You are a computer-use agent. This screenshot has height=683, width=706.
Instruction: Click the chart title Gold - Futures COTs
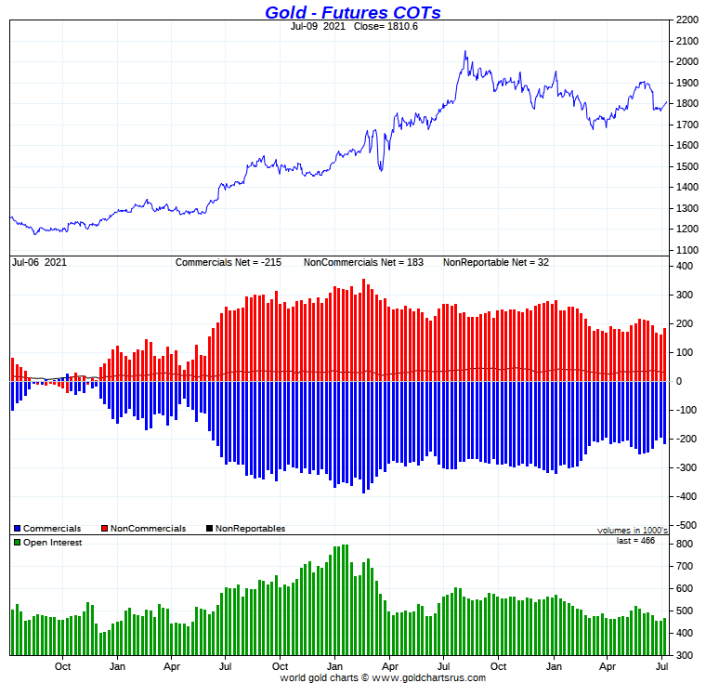[352, 12]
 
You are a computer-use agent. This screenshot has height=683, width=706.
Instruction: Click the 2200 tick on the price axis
[687, 20]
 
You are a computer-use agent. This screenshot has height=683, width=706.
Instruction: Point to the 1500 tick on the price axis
[687, 166]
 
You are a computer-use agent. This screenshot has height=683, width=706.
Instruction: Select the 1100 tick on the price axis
[687, 251]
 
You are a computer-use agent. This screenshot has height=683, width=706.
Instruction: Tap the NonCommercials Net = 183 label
[363, 263]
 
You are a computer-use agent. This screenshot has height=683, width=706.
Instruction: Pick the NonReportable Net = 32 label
[496, 263]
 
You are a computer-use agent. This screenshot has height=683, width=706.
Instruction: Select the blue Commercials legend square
[18, 529]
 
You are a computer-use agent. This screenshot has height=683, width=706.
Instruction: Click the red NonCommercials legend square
[104, 529]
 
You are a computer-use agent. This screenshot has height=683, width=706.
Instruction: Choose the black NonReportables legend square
[209, 529]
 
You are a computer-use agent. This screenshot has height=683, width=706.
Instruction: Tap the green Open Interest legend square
[18, 543]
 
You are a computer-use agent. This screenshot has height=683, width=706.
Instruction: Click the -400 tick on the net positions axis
[685, 497]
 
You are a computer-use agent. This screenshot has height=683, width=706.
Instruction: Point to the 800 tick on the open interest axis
[684, 544]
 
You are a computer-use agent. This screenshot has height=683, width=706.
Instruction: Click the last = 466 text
[635, 540]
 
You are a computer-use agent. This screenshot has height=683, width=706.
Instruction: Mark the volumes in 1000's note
[632, 530]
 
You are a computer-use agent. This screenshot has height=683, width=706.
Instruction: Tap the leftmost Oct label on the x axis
[63, 665]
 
